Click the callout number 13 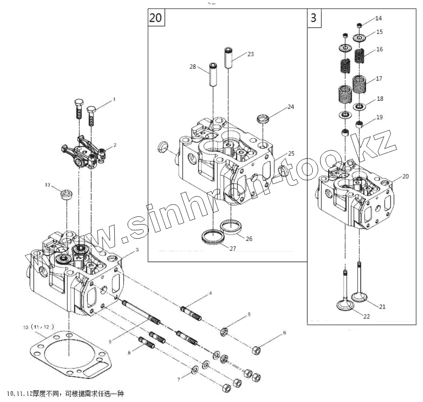(x=47, y=185)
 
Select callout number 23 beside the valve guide (x=250, y=54)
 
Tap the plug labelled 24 (x=263, y=120)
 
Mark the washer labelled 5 (x=224, y=333)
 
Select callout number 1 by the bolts (x=114, y=98)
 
